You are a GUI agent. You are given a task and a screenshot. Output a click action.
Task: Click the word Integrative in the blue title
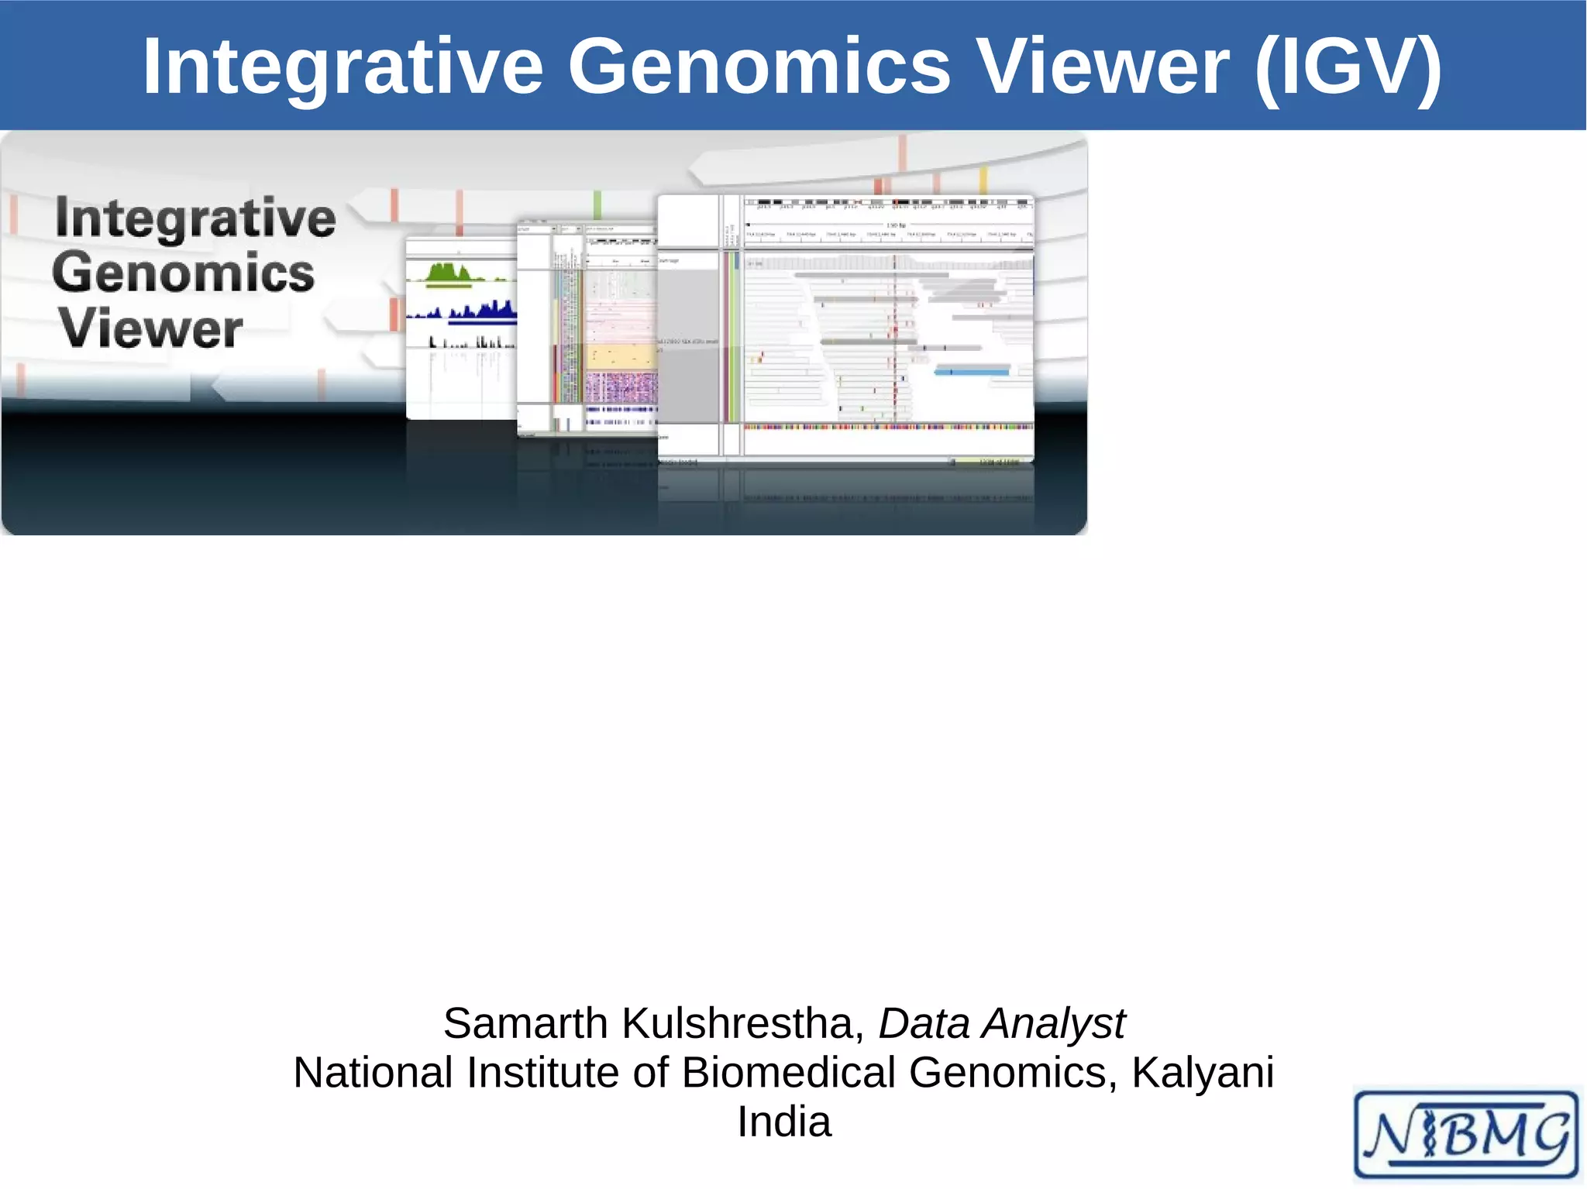(343, 68)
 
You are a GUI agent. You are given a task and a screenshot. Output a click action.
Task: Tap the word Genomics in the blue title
(759, 68)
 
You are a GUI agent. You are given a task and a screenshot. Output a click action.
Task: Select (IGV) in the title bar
(1348, 68)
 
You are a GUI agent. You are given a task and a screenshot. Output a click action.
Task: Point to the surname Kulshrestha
(742, 1023)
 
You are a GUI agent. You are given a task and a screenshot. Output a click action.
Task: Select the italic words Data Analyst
(1001, 1023)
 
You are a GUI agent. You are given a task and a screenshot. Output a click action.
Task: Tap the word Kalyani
(1202, 1073)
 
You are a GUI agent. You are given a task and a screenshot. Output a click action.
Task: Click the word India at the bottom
(783, 1122)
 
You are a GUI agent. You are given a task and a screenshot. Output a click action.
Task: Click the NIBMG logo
(1465, 1135)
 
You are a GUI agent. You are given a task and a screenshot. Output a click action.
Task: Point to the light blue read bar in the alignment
(973, 373)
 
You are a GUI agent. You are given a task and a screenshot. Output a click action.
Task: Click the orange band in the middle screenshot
(621, 357)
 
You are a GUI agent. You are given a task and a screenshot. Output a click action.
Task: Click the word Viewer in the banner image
(151, 328)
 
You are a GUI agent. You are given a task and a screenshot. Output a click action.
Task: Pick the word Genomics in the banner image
(184, 273)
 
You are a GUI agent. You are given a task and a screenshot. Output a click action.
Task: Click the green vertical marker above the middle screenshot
(597, 205)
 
